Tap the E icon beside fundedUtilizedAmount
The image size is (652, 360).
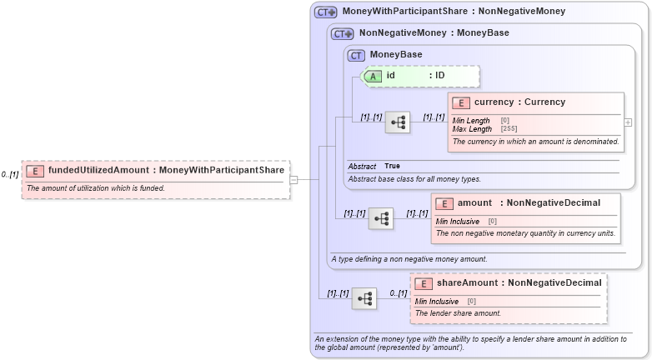(x=35, y=171)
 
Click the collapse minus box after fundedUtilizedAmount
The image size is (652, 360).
(x=293, y=178)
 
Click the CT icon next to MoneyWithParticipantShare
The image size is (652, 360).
(x=325, y=12)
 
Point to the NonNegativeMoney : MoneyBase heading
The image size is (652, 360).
(x=434, y=33)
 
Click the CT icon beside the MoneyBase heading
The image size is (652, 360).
(x=357, y=55)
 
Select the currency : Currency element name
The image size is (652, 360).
(x=519, y=102)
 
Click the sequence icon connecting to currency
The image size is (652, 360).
(x=398, y=122)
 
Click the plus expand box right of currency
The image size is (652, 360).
(x=628, y=122)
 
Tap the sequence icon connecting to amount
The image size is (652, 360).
(x=381, y=218)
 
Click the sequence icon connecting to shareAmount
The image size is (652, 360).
(x=364, y=298)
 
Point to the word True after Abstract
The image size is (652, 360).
(x=392, y=167)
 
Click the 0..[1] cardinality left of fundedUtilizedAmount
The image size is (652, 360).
(x=10, y=175)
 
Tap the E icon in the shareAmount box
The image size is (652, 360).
(x=423, y=283)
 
